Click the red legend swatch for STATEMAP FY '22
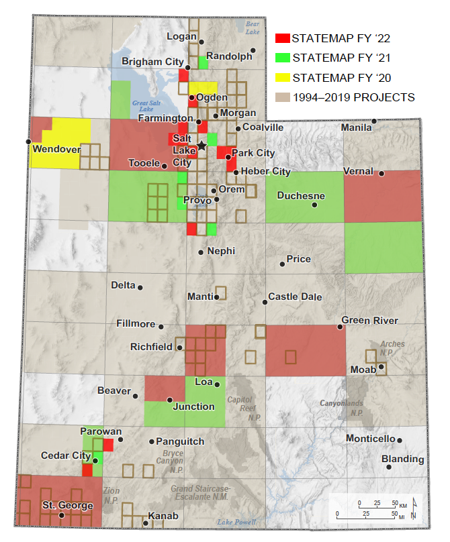point(283,38)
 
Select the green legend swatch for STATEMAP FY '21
point(283,58)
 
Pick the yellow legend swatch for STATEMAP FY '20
point(283,77)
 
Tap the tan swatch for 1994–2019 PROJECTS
point(283,97)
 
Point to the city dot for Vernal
point(381,174)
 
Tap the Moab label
point(363,370)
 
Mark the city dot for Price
point(282,264)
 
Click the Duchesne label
point(301,196)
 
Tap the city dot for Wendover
point(28,142)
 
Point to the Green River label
point(369,321)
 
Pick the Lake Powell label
point(236,522)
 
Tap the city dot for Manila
point(375,121)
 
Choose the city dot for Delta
point(140,287)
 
